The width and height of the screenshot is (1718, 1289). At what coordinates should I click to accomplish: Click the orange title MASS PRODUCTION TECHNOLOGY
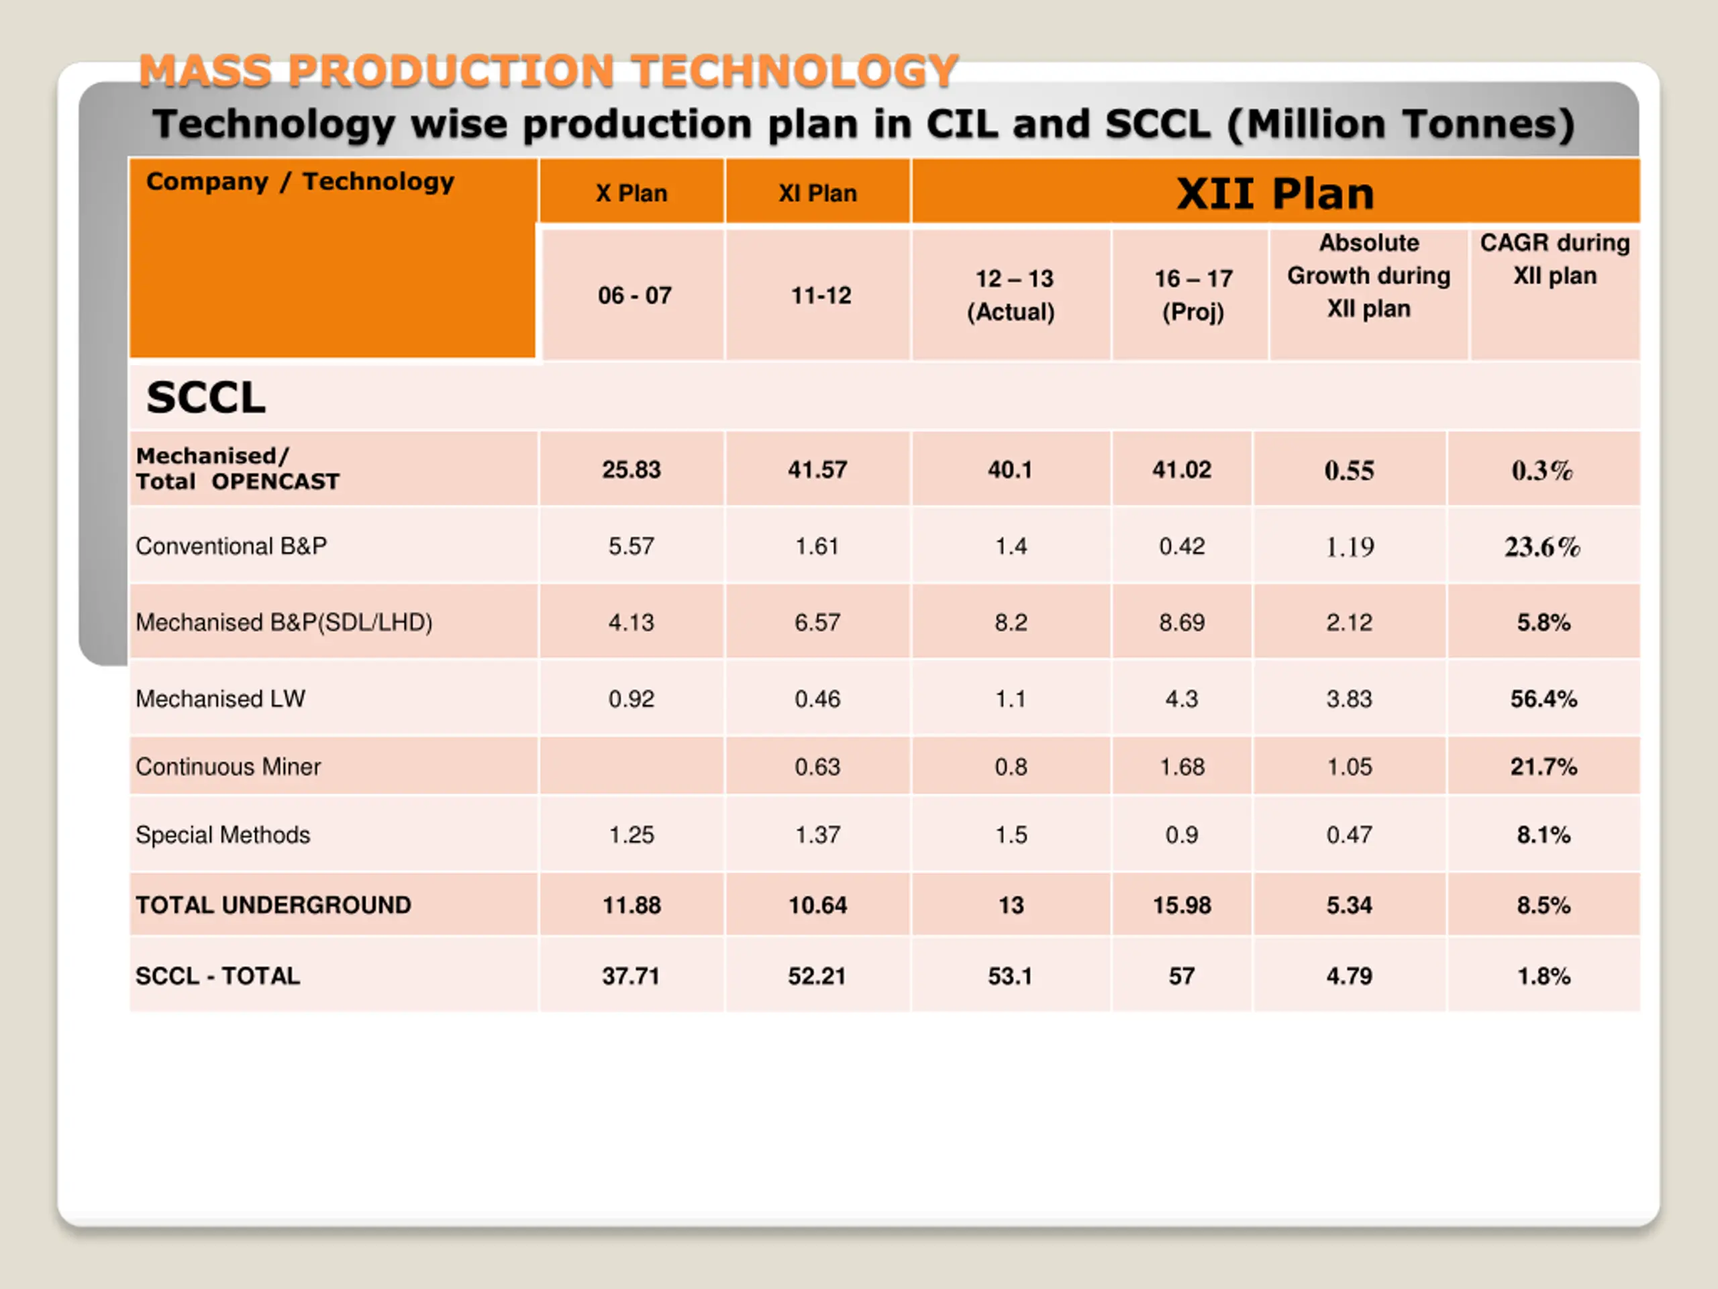click(548, 70)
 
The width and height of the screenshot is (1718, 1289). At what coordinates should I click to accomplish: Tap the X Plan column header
click(631, 193)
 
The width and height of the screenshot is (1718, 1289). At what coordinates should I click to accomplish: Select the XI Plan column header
click(817, 193)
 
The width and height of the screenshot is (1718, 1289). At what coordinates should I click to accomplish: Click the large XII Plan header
click(1274, 193)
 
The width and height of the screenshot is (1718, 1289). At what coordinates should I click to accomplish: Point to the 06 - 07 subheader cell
click(634, 295)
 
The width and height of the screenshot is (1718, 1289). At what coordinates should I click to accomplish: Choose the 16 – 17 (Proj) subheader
click(1193, 295)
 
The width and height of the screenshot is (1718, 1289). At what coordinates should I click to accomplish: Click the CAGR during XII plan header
click(1554, 260)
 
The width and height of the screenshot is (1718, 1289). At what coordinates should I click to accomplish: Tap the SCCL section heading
click(206, 398)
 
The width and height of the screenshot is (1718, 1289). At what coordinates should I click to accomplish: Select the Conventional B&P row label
click(231, 546)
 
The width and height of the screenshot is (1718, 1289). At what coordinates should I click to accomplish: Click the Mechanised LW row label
click(221, 698)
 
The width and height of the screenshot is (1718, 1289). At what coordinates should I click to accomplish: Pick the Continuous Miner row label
click(228, 767)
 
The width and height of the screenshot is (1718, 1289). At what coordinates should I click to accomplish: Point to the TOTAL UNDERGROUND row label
click(273, 905)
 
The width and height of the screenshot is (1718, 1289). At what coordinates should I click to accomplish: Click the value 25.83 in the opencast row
click(631, 469)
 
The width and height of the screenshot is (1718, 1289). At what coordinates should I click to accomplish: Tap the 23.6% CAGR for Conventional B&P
click(1542, 547)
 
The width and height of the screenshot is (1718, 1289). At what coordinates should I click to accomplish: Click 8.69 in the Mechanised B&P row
click(1181, 622)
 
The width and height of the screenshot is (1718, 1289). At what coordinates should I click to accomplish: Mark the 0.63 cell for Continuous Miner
click(817, 767)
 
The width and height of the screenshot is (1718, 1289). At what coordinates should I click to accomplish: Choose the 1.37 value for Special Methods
click(817, 834)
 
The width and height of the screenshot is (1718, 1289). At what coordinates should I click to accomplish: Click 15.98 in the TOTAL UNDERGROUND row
click(1181, 905)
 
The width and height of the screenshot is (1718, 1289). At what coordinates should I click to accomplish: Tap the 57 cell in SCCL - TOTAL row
click(1181, 976)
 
